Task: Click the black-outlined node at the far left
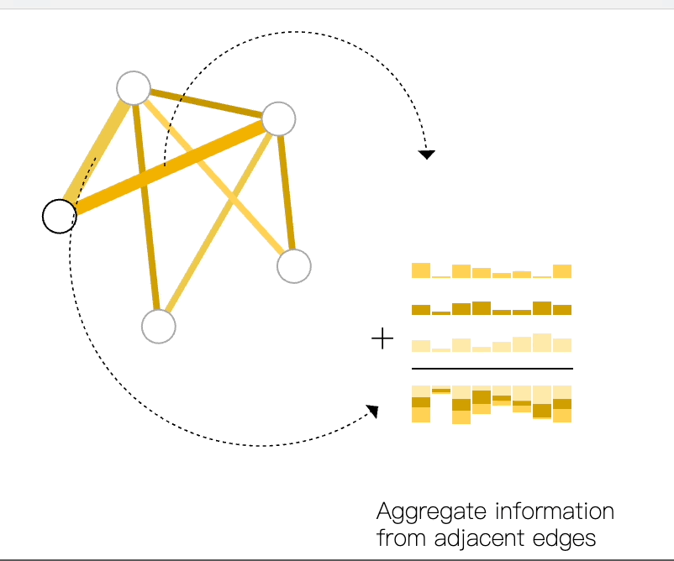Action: (x=59, y=216)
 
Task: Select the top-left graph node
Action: (x=134, y=87)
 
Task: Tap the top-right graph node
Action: (x=279, y=118)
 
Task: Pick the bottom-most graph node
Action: (x=158, y=327)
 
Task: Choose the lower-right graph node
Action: (x=294, y=266)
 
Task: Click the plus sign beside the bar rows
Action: (x=382, y=339)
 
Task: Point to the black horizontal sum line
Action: (x=492, y=368)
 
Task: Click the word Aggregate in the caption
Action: (x=431, y=511)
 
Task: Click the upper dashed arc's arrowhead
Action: (x=427, y=155)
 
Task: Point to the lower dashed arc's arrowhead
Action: (x=372, y=411)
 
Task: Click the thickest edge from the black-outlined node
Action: (x=168, y=167)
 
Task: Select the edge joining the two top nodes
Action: (x=206, y=102)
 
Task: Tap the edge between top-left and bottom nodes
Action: (x=145, y=206)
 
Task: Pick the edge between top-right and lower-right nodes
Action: (x=287, y=191)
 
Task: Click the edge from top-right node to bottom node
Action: (x=219, y=223)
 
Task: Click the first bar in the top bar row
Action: (x=421, y=270)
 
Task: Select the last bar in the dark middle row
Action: (x=562, y=309)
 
